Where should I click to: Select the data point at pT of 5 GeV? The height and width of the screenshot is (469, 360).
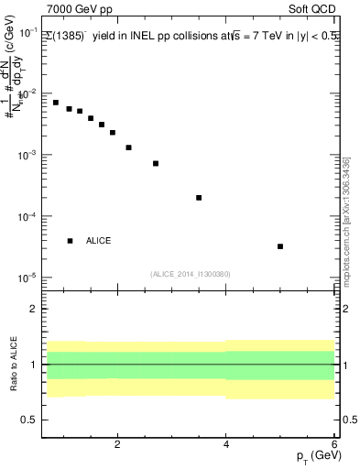[280, 246]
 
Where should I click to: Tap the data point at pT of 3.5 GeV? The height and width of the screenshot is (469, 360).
[199, 198]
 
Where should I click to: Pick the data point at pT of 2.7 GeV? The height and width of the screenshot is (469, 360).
[156, 163]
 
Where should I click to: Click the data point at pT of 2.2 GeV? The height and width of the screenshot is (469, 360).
[128, 147]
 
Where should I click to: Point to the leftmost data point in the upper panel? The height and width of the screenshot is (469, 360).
[56, 103]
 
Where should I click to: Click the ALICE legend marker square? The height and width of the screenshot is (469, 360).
[70, 241]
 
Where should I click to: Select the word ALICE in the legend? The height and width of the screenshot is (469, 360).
[99, 241]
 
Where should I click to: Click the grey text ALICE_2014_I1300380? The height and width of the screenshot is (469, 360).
[190, 274]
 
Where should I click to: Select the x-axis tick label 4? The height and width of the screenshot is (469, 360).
[226, 444]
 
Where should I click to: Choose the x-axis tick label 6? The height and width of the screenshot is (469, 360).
[334, 444]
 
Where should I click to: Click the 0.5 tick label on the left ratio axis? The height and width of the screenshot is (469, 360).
[27, 420]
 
